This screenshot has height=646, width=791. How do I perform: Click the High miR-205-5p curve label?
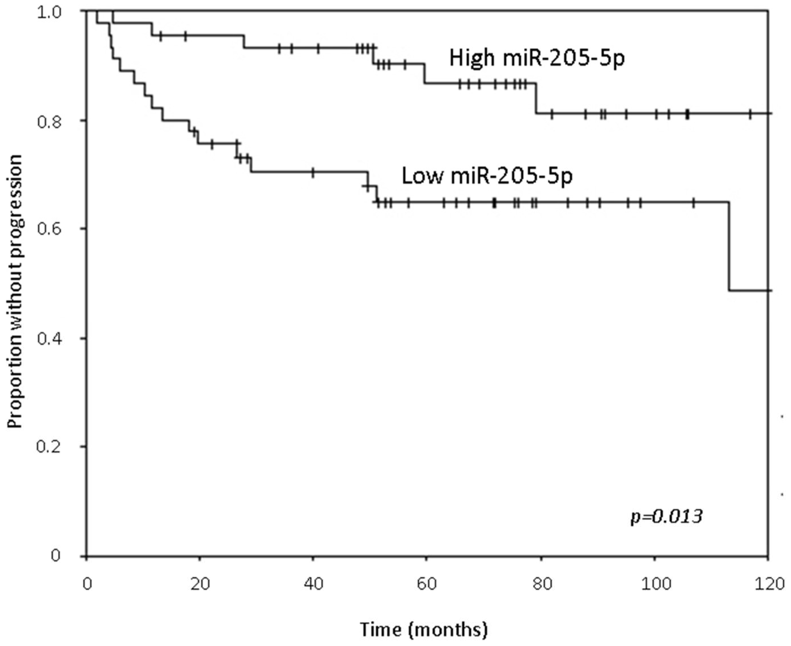pyautogui.click(x=537, y=58)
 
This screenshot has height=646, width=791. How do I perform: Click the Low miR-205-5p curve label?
pyautogui.click(x=487, y=176)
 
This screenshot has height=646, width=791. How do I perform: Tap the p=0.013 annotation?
pyautogui.click(x=666, y=517)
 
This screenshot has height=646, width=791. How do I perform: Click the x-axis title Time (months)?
pyautogui.click(x=423, y=630)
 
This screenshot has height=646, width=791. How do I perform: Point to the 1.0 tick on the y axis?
pyautogui.click(x=49, y=12)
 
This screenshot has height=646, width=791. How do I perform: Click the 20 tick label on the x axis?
pyautogui.click(x=200, y=584)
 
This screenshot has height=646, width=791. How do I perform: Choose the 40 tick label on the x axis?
pyautogui.click(x=313, y=584)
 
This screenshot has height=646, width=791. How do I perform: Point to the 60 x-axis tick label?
pyautogui.click(x=426, y=584)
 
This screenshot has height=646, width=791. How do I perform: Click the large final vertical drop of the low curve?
pyautogui.click(x=729, y=246)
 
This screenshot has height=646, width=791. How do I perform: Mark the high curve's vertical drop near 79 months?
pyautogui.click(x=536, y=98)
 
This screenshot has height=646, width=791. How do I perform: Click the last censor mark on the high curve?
pyautogui.click(x=750, y=113)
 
